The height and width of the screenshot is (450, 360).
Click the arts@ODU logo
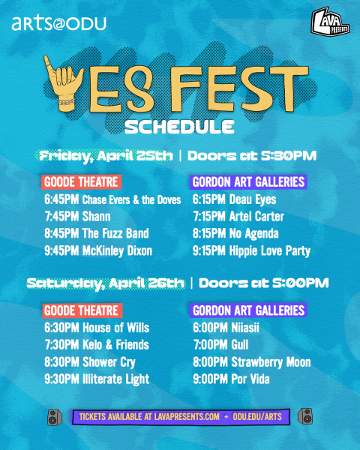[58, 24]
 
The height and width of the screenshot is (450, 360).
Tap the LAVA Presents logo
[330, 22]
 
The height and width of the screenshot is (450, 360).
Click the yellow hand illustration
[63, 83]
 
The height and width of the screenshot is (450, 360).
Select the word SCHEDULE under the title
[179, 127]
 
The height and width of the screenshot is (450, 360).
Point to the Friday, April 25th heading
[106, 156]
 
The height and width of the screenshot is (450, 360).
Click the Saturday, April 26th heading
[105, 283]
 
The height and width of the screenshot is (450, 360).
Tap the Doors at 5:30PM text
[252, 155]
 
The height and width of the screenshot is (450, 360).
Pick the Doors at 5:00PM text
[263, 283]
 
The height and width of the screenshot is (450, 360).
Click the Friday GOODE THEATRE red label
[81, 182]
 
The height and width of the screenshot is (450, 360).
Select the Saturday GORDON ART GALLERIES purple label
[248, 310]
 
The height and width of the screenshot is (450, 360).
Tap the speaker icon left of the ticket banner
[55, 417]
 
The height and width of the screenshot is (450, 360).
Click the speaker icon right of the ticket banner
[305, 416]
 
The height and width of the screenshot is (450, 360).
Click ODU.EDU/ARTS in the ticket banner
[257, 417]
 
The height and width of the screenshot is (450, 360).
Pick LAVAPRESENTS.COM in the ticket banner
[187, 417]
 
